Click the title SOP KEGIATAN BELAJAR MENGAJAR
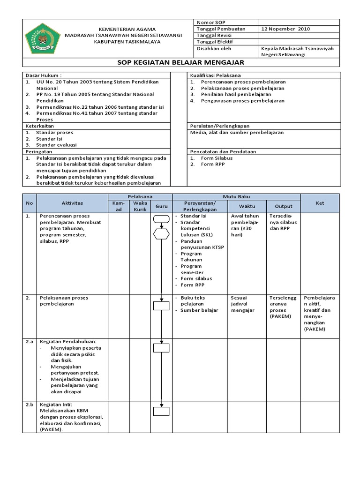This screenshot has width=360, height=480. (180, 62)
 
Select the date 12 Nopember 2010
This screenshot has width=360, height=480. (285, 29)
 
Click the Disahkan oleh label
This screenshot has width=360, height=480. (214, 48)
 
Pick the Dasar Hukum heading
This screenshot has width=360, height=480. (43, 75)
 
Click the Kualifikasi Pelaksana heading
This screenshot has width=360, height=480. (215, 75)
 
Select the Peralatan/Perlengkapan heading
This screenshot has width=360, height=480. (219, 126)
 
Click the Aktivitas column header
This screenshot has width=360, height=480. (72, 203)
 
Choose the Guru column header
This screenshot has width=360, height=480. (161, 206)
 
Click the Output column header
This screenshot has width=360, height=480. (284, 206)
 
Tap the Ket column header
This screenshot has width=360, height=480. (320, 203)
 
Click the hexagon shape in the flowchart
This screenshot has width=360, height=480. (161, 233)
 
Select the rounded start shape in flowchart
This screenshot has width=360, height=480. (161, 218)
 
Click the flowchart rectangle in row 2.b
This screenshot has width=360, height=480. (161, 412)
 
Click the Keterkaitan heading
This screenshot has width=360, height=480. (40, 126)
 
